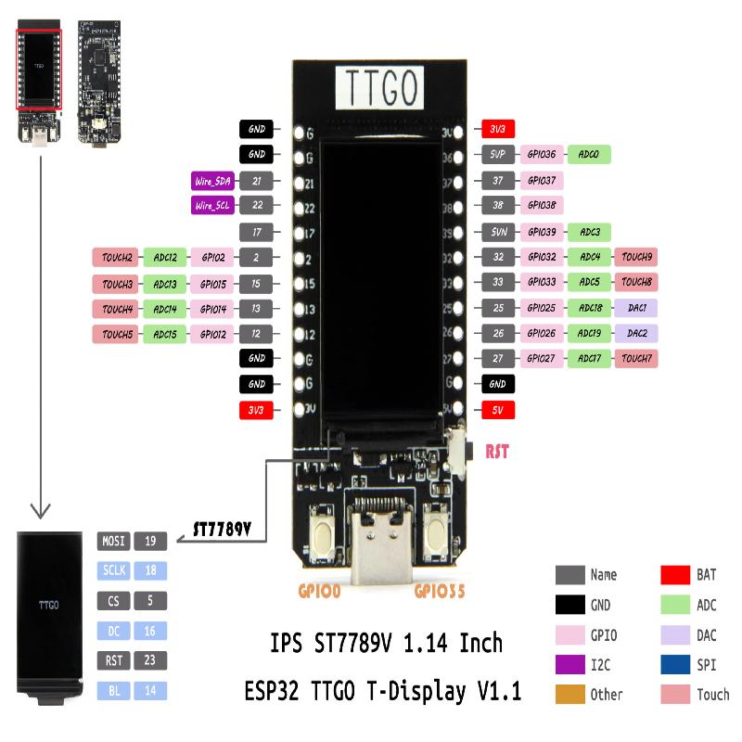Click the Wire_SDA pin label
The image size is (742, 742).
(213, 181)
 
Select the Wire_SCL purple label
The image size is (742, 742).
(213, 206)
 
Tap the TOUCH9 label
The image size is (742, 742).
(636, 257)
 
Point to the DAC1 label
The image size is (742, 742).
(636, 308)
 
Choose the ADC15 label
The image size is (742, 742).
(165, 333)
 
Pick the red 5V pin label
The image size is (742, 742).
(497, 409)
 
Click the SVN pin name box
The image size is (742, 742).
(497, 231)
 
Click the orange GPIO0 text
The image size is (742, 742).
(320, 589)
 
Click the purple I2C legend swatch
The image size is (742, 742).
(569, 664)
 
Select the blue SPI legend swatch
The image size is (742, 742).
(674, 664)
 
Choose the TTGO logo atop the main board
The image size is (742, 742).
(378, 88)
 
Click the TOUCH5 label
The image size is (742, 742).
(116, 333)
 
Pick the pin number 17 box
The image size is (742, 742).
(256, 232)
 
